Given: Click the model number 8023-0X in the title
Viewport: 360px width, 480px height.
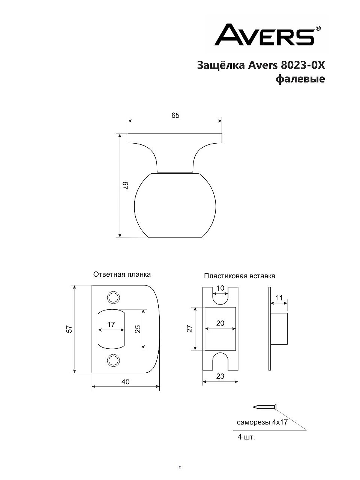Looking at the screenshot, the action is pos(303,65).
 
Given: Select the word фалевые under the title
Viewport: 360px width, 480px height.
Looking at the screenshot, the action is pos(300,79).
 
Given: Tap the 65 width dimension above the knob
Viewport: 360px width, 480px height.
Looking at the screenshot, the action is pos(175,115).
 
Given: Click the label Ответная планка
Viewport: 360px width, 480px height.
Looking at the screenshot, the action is pos(122,274).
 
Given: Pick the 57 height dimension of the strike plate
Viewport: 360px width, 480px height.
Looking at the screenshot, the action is pos(69,329).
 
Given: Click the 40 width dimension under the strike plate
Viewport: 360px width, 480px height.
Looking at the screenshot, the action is pos(126,382).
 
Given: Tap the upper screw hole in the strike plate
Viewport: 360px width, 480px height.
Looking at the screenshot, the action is pos(114,297).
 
